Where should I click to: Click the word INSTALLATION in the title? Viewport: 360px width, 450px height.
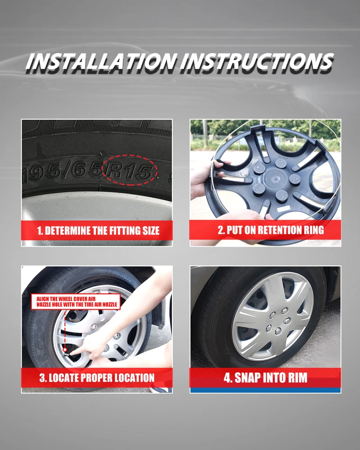(x=101, y=62)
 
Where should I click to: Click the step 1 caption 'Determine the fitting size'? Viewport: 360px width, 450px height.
(x=98, y=230)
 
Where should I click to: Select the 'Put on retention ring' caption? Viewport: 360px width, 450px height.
(x=271, y=230)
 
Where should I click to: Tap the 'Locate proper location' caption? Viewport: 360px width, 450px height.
(x=97, y=378)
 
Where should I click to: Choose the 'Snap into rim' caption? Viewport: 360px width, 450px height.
(x=265, y=378)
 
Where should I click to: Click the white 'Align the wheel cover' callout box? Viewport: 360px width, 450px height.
(x=76, y=301)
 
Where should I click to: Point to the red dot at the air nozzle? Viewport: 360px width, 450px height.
(x=65, y=350)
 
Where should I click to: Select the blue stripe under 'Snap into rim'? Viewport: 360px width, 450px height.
(x=265, y=390)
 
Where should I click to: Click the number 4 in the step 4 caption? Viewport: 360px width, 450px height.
(x=227, y=378)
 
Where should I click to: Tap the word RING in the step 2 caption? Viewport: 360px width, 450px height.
(x=314, y=230)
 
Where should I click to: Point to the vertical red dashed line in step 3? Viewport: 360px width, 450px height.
(x=65, y=329)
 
